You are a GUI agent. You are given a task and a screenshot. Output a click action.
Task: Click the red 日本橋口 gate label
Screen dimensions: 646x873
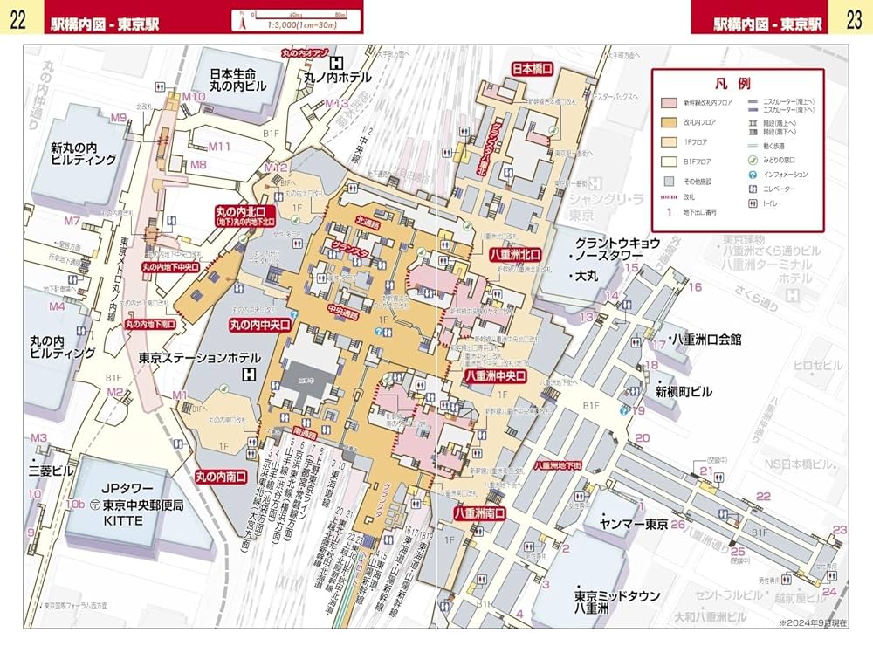point(533,68)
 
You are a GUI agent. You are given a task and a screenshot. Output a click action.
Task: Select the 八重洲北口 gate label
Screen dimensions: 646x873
point(515,254)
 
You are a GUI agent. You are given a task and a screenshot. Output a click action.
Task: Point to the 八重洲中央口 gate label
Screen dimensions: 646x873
point(495,375)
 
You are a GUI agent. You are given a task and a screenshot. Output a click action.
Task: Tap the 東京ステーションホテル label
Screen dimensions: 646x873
point(199,358)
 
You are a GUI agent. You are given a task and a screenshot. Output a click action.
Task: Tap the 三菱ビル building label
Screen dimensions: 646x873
point(52,471)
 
